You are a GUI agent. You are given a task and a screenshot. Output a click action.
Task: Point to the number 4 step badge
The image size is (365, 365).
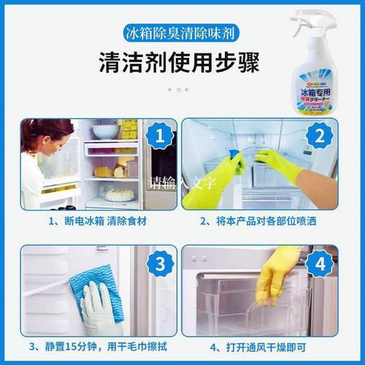(x=337, y=263)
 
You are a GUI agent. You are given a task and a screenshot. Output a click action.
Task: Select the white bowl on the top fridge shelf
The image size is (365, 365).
(x=105, y=131)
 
